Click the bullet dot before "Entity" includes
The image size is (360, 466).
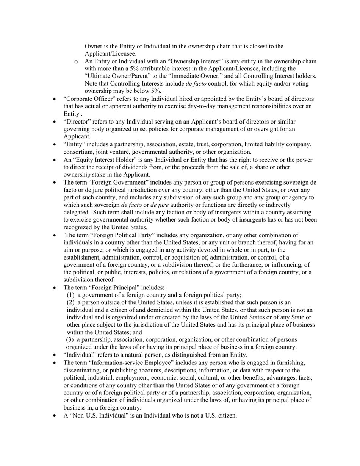(55, 145)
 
